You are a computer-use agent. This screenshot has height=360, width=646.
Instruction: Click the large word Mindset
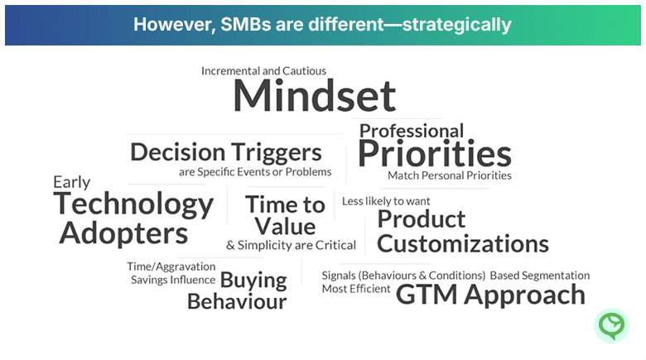[315, 95]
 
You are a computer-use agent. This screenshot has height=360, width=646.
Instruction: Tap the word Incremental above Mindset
[231, 71]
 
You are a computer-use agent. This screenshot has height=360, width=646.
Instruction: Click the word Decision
[178, 152]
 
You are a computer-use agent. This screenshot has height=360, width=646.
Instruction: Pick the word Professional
[412, 132]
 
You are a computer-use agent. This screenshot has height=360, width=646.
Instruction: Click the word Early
[72, 182]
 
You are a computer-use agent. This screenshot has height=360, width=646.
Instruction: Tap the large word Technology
[133, 204]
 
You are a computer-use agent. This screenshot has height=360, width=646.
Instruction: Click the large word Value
[285, 226]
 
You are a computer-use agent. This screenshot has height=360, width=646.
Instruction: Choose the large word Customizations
[463, 243]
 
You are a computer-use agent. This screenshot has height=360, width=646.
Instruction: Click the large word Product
[422, 218]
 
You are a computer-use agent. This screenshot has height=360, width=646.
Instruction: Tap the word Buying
[253, 281]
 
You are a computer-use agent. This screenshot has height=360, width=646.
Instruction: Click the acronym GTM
[427, 295]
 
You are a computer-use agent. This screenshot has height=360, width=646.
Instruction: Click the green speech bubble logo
[611, 326]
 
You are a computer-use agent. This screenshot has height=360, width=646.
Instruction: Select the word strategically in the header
[456, 25]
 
